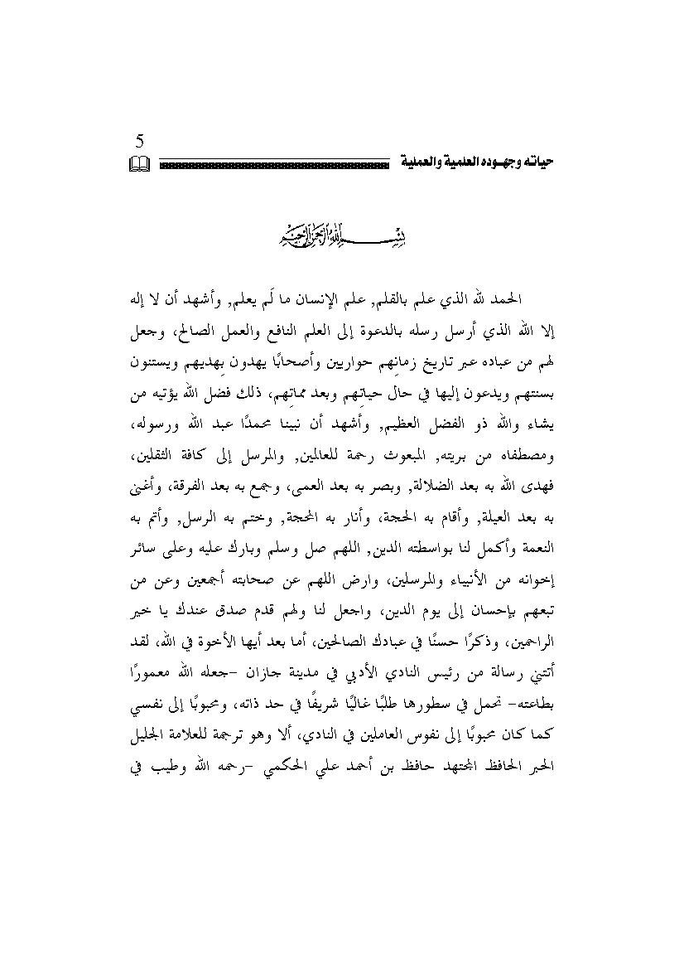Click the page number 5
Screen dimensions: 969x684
tap(139, 141)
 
